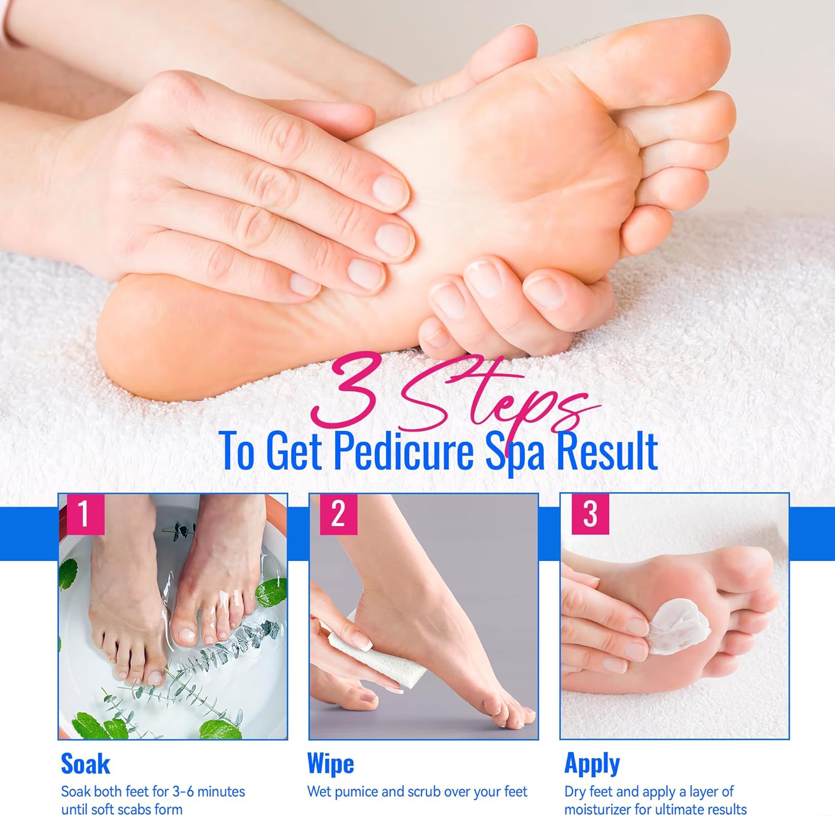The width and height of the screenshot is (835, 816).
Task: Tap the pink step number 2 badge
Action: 338,514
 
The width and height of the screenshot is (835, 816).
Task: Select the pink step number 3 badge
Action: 591,514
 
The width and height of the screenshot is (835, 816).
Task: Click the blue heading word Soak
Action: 85,764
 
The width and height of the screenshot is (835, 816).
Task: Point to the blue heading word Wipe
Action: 331,764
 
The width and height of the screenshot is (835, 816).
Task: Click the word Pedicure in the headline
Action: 403,450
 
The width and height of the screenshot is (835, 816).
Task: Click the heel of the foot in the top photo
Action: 145,334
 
